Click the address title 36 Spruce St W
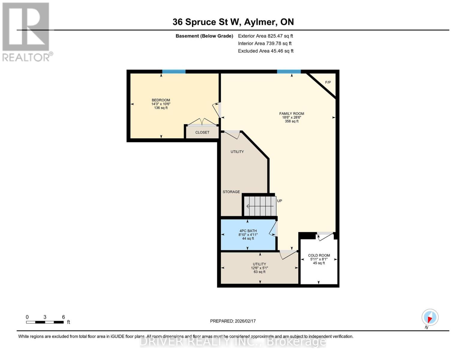click(x=233, y=22)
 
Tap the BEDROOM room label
click(x=161, y=100)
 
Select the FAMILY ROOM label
click(x=291, y=114)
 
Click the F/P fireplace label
click(x=328, y=82)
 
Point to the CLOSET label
click(x=202, y=132)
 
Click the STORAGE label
click(x=231, y=192)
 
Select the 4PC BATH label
click(x=248, y=231)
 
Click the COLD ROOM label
click(x=319, y=256)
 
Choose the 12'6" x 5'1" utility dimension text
click(x=260, y=268)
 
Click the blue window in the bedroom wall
click(x=174, y=72)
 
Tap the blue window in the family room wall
click(x=289, y=72)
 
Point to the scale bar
click(x=45, y=322)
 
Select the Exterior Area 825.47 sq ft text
click(x=265, y=36)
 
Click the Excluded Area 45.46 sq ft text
click(x=266, y=51)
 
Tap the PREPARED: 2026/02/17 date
click(x=233, y=321)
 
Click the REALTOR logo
click(x=26, y=31)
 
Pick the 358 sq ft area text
click(x=291, y=121)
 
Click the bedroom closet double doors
click(x=203, y=122)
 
